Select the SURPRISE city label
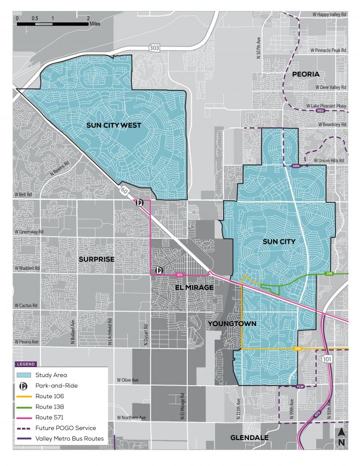pos(96,259)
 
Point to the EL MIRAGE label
pos(194,288)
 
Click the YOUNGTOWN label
pos(233,324)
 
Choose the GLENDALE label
pos(249,438)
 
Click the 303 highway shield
pos(154,47)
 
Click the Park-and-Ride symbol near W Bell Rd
pos(140,203)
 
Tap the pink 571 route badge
pos(181,275)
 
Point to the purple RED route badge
pos(321,111)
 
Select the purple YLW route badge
pos(300,387)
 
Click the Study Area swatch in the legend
pos(24,375)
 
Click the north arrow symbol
pos(341,436)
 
